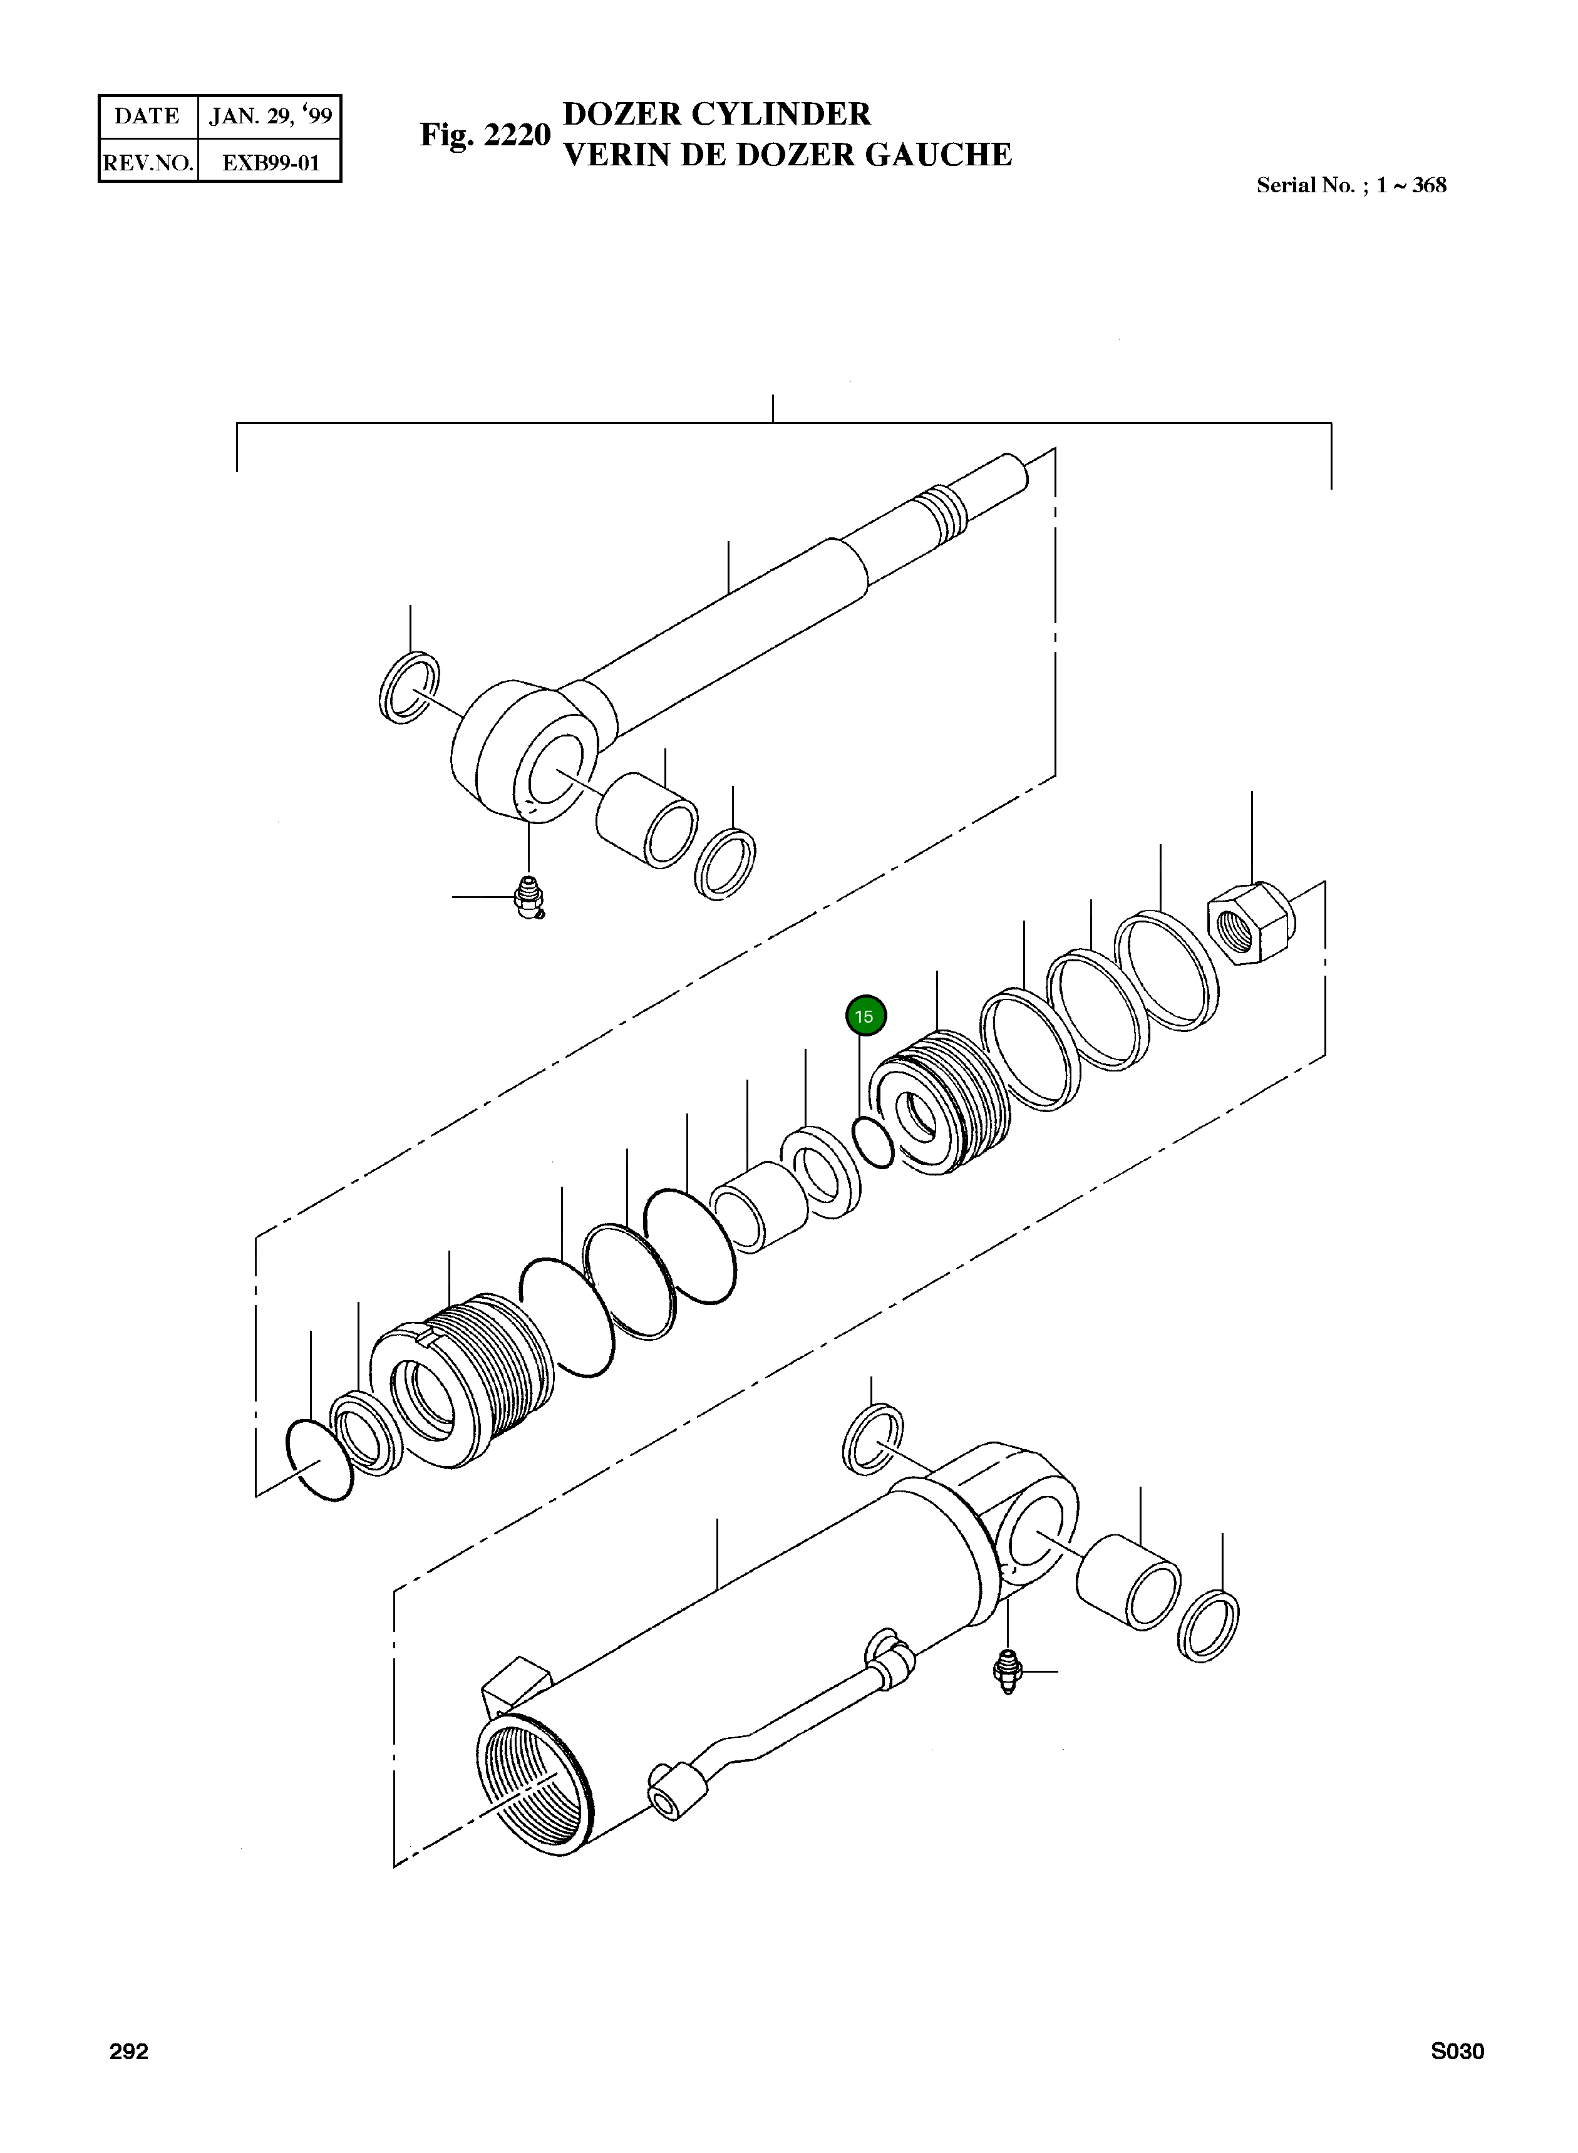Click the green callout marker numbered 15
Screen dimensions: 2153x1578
pyautogui.click(x=865, y=1016)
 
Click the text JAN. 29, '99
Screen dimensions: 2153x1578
pyautogui.click(x=271, y=116)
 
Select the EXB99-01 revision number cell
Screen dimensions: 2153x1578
pyautogui.click(x=271, y=162)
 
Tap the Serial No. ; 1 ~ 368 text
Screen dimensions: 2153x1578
pyautogui.click(x=1351, y=185)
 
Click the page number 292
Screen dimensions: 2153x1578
pyautogui.click(x=129, y=2052)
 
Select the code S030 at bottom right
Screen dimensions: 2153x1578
pyautogui.click(x=1457, y=2052)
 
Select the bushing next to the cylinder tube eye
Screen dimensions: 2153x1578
pyautogui.click(x=1127, y=1582)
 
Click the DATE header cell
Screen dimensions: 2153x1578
pyautogui.click(x=147, y=116)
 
